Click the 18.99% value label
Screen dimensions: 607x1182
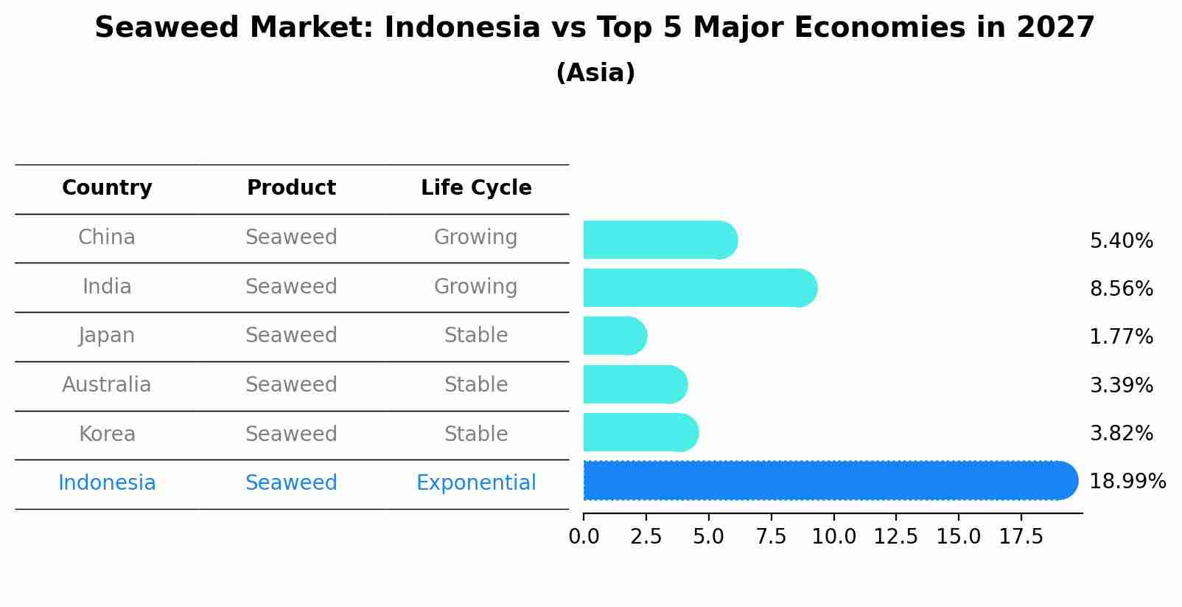[x=1127, y=482]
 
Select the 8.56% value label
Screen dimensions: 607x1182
[x=1121, y=288]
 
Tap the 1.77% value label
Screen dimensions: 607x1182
[x=1121, y=337]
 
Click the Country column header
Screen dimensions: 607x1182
[x=107, y=188]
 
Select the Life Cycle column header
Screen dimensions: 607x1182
[x=476, y=188]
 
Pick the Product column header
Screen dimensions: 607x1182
[x=291, y=188]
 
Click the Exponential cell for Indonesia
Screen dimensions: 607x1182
[x=476, y=483]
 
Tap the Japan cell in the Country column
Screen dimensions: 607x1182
[x=107, y=336]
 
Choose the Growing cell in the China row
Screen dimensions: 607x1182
[x=476, y=237]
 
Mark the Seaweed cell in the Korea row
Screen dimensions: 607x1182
[x=291, y=434]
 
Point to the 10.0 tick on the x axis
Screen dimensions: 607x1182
[x=833, y=537]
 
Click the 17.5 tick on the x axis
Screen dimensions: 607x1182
[x=1021, y=537]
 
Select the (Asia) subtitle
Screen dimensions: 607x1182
[x=595, y=73]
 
